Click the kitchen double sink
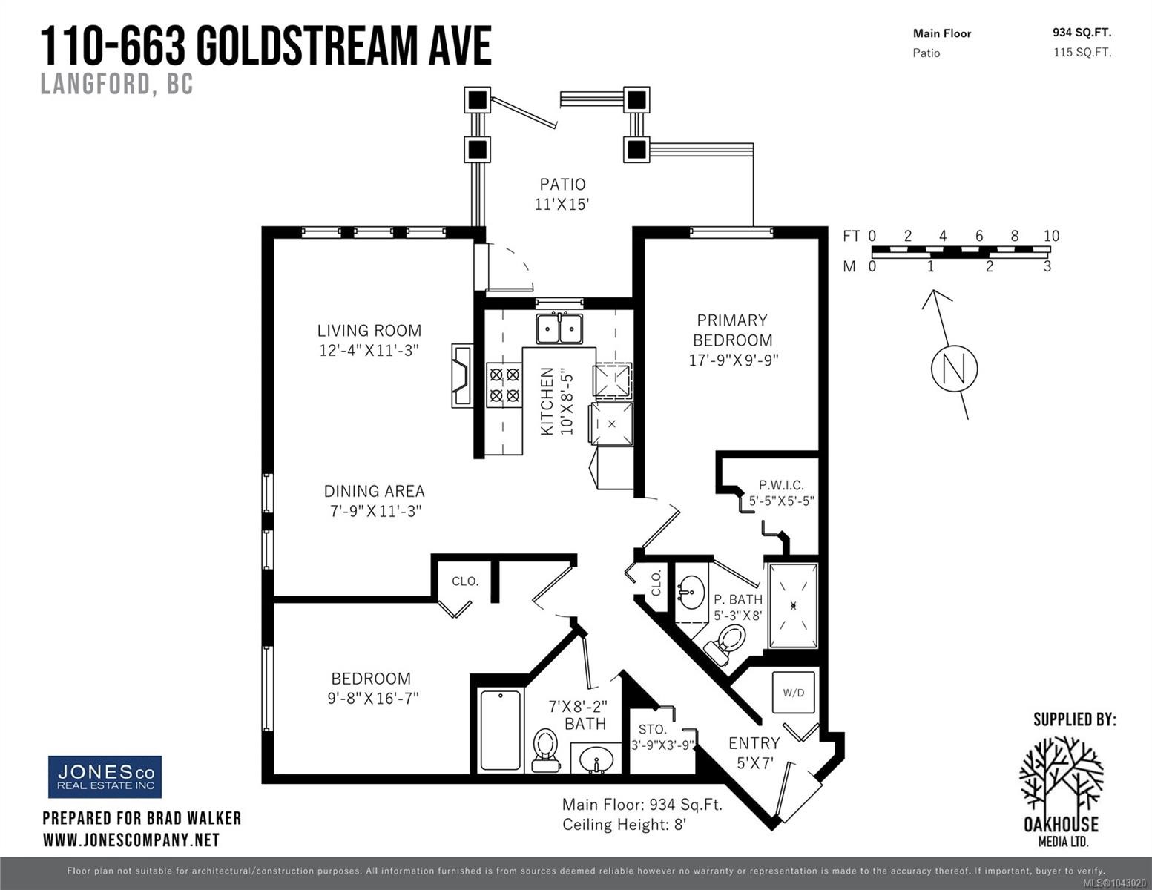pos(559,328)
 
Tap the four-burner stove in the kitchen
pos(504,385)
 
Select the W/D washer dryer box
pos(793,693)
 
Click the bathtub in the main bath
pos(501,731)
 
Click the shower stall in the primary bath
pos(793,605)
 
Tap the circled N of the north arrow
pos(954,369)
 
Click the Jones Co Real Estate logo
pos(105,777)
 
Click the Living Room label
pos(369,330)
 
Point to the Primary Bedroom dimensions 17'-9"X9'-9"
pos(733,360)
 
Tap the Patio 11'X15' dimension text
pos(562,204)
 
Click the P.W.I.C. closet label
pos(781,485)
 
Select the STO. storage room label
pos(653,729)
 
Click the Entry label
pos(754,743)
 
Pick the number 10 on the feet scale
pos(1051,236)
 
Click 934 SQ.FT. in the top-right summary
pos(1082,33)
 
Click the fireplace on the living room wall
pos(461,375)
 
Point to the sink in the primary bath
pos(691,593)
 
